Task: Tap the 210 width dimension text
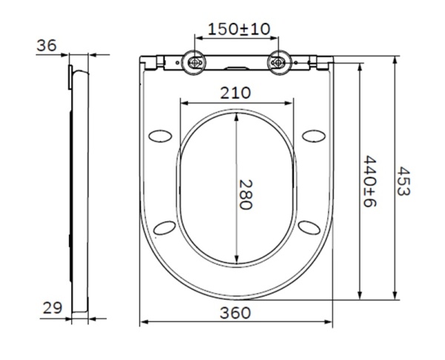point(235,93)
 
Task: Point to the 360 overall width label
point(235,312)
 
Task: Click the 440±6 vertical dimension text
point(369,182)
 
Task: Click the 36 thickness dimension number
point(46,45)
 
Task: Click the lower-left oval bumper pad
point(166,226)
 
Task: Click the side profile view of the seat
point(79,186)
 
